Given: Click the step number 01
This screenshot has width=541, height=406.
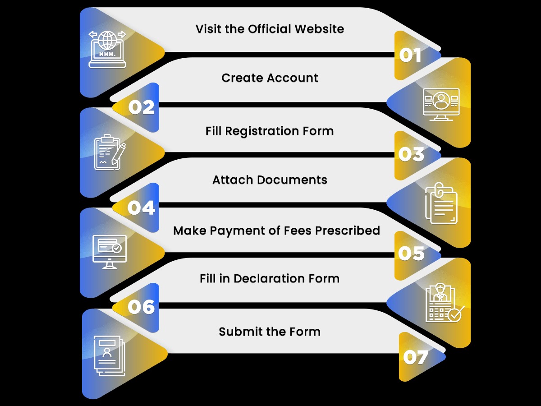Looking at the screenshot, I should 410,55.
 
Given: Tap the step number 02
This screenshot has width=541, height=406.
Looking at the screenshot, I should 142,107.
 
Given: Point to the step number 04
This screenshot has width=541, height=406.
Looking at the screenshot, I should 141,208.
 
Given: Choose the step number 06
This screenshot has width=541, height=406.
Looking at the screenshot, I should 141,307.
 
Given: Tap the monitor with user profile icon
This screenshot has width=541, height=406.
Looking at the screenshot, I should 441,104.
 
